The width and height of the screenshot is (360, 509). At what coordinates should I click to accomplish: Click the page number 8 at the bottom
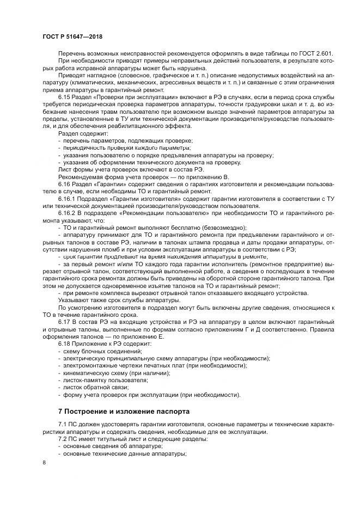[44, 463]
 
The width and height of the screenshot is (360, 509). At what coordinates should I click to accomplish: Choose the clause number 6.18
[65, 344]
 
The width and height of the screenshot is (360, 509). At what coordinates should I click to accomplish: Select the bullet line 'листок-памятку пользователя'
[103, 381]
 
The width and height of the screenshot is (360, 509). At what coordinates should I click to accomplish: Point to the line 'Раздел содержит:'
[83, 133]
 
